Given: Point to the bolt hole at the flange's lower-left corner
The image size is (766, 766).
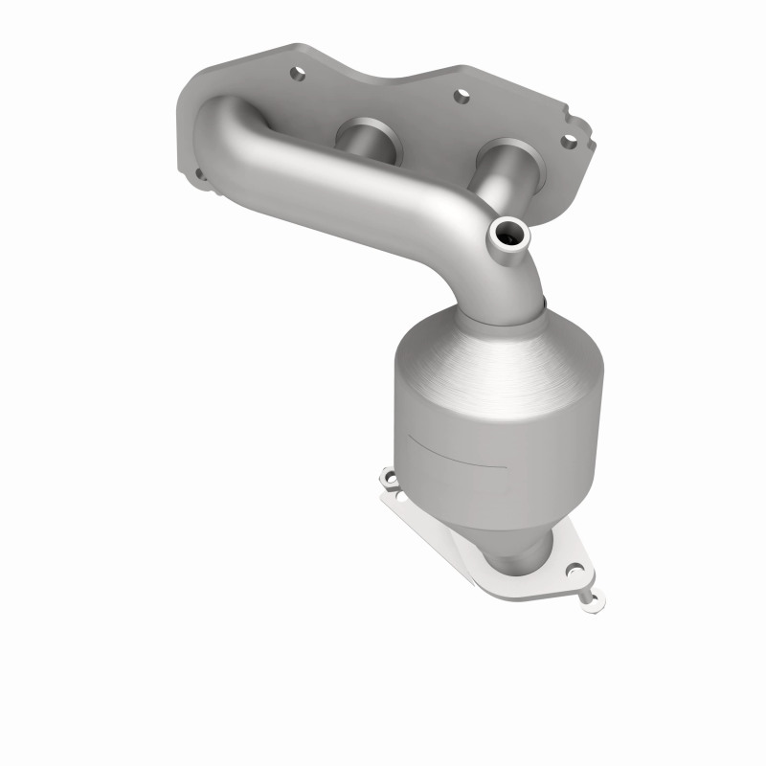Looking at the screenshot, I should (x=200, y=174).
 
